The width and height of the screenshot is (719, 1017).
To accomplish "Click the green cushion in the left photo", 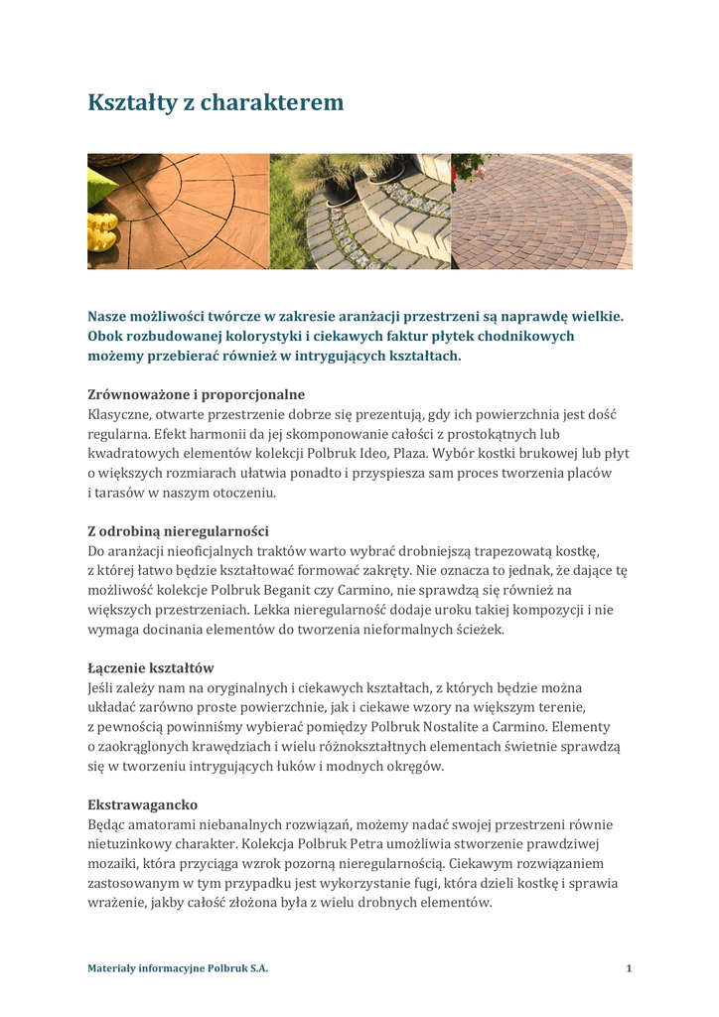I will (99, 183).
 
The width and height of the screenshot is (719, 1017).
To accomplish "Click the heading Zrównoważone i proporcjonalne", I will (196, 394).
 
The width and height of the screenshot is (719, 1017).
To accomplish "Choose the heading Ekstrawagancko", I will (142, 804).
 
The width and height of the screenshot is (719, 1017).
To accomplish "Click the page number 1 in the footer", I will (629, 968).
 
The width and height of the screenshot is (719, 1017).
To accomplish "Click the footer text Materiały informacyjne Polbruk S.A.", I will (178, 968).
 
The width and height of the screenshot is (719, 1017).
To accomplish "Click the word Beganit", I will (283, 590).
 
